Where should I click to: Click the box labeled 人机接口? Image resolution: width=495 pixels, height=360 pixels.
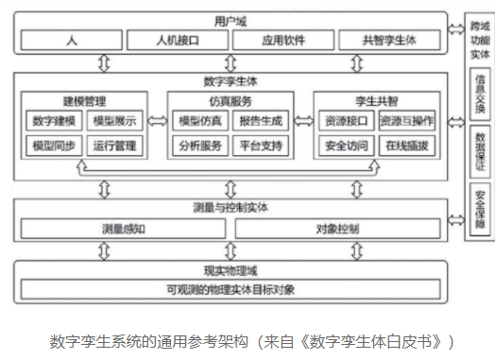pos(176,41)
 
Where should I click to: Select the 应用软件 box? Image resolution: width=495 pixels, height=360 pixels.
pos(282,41)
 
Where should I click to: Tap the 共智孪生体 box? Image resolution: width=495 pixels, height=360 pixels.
pos(388,41)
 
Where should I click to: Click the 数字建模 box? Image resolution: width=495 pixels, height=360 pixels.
pos(55,121)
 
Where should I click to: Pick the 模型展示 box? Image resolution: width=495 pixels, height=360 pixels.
pos(114,121)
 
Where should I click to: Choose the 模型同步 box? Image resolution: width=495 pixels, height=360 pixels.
pos(55,146)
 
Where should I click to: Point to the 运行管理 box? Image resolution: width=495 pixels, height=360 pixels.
pos(114,146)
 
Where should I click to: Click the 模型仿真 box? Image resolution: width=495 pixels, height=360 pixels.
pos(199,121)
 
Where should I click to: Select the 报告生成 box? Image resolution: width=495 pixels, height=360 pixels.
pos(261,121)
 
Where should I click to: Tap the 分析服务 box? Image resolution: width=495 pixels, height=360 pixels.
pos(199,146)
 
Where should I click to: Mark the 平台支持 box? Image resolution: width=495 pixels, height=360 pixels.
pos(261,146)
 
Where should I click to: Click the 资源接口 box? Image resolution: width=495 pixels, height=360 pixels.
pos(345,121)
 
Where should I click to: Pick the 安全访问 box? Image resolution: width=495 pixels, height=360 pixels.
pos(345,146)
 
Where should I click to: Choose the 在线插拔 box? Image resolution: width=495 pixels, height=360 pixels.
pos(407,146)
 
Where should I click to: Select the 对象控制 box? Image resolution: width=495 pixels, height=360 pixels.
pos(336,228)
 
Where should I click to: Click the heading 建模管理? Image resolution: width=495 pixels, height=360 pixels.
pos(85,99)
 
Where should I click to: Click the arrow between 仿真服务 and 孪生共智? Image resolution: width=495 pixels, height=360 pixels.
pos(303,121)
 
